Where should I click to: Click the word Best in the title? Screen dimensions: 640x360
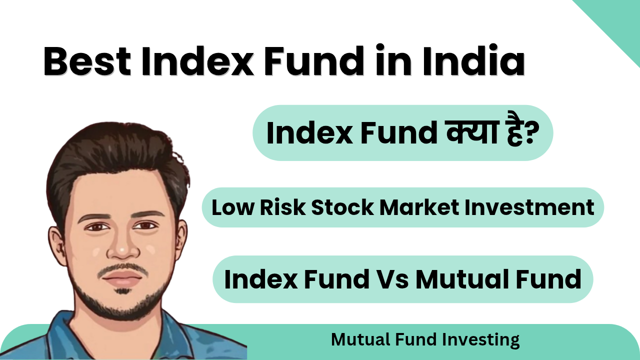pyautogui.click(x=87, y=61)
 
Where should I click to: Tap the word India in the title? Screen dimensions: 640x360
pyautogui.click(x=473, y=60)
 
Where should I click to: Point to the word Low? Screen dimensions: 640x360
pyautogui.click(x=233, y=207)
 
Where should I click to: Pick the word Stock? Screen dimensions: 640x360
pyautogui.click(x=342, y=207)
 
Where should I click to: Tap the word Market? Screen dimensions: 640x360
pyautogui.click(x=419, y=207)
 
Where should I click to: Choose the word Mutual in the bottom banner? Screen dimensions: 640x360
pyautogui.click(x=360, y=339)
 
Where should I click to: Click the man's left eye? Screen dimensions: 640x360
pyautogui.click(x=145, y=226)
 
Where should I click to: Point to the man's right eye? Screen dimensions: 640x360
pyautogui.click(x=97, y=227)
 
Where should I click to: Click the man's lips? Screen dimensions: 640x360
pyautogui.click(x=123, y=277)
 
